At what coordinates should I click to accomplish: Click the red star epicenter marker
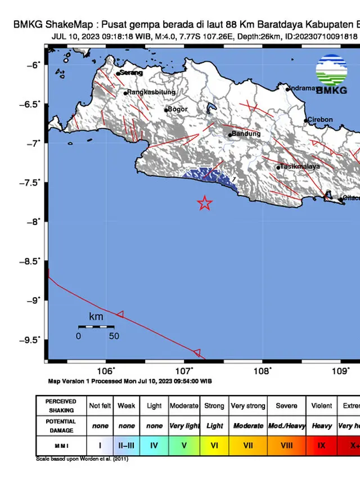(x=205, y=203)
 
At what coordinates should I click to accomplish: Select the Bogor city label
(x=178, y=109)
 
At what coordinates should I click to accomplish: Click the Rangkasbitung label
(x=151, y=92)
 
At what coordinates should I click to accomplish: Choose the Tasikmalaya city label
(x=301, y=167)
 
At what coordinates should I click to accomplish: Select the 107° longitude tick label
(x=184, y=371)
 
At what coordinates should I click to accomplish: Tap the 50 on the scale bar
(x=114, y=336)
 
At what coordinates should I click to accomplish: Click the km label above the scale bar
(x=96, y=317)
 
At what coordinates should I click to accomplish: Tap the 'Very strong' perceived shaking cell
(x=248, y=406)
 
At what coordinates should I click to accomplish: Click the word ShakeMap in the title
(x=62, y=24)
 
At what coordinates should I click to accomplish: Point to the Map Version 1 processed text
(x=129, y=381)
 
